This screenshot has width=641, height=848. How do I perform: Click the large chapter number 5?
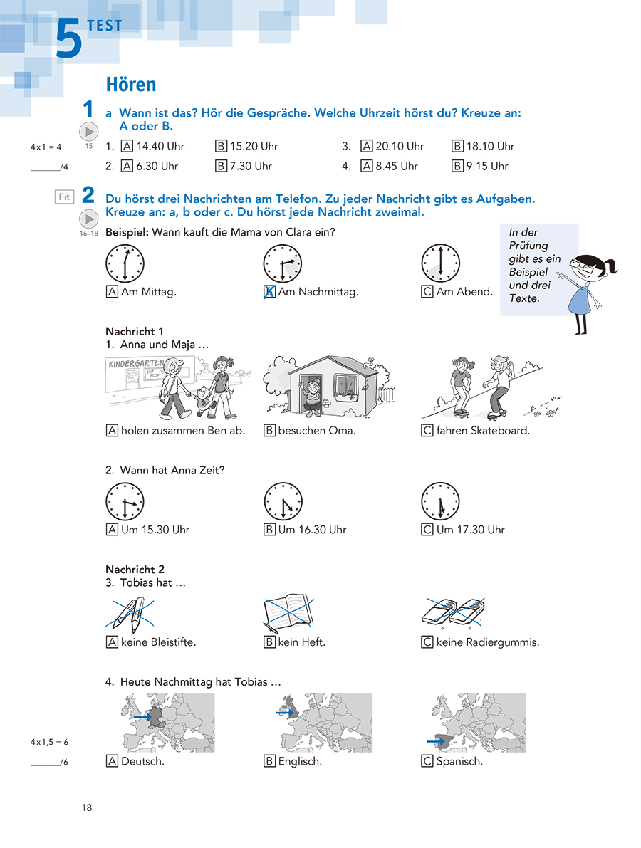point(69,40)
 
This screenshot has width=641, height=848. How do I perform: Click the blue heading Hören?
point(130,84)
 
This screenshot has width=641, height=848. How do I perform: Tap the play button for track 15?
point(88,132)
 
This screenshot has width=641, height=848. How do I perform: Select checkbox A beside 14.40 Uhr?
point(127,147)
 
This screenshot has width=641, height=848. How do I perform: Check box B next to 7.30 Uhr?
point(222,167)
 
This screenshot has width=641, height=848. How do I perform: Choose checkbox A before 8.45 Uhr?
point(368,167)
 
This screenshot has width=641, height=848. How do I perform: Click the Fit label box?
point(64,197)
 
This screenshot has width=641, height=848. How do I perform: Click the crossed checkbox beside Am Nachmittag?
point(270,292)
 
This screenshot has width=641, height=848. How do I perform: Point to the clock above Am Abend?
point(440,263)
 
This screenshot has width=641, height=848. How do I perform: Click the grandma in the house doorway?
point(311,399)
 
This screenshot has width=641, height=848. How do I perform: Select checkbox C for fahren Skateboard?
point(427,431)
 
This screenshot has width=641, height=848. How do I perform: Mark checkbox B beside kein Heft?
point(270,642)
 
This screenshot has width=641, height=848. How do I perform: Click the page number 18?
point(87,807)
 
